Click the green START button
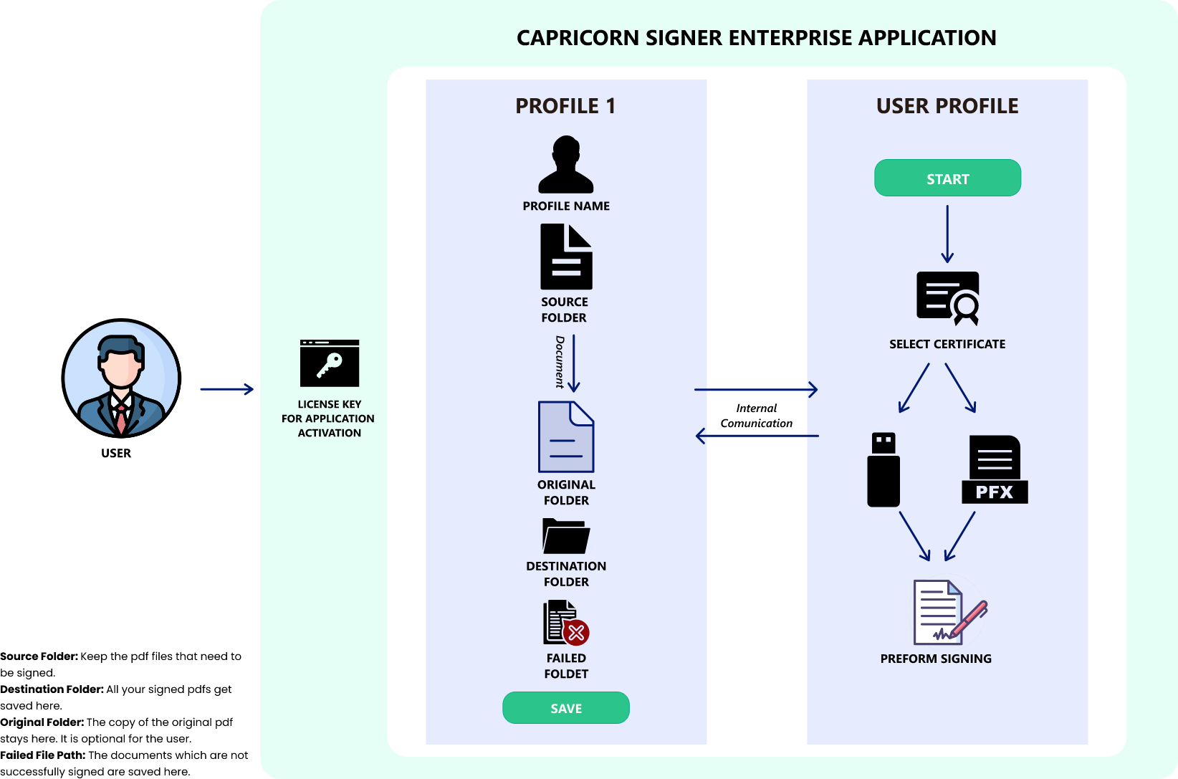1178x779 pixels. tap(947, 178)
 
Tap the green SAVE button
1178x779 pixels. tap(566, 708)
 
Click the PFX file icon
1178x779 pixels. tap(995, 470)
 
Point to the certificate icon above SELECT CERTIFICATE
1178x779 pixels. tap(947, 297)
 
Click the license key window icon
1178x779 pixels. tap(330, 363)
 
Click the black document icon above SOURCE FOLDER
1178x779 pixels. tap(566, 257)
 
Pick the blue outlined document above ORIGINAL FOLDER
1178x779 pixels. tap(566, 436)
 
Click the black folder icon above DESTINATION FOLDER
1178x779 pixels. tap(566, 536)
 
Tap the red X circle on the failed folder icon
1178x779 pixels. tap(576, 633)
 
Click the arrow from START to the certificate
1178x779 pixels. tap(947, 234)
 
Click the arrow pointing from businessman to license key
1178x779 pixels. tap(226, 389)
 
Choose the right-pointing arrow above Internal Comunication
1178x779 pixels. tap(756, 390)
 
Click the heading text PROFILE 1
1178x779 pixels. tap(566, 106)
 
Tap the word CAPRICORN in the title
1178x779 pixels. tap(578, 38)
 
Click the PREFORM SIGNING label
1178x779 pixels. tap(936, 659)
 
